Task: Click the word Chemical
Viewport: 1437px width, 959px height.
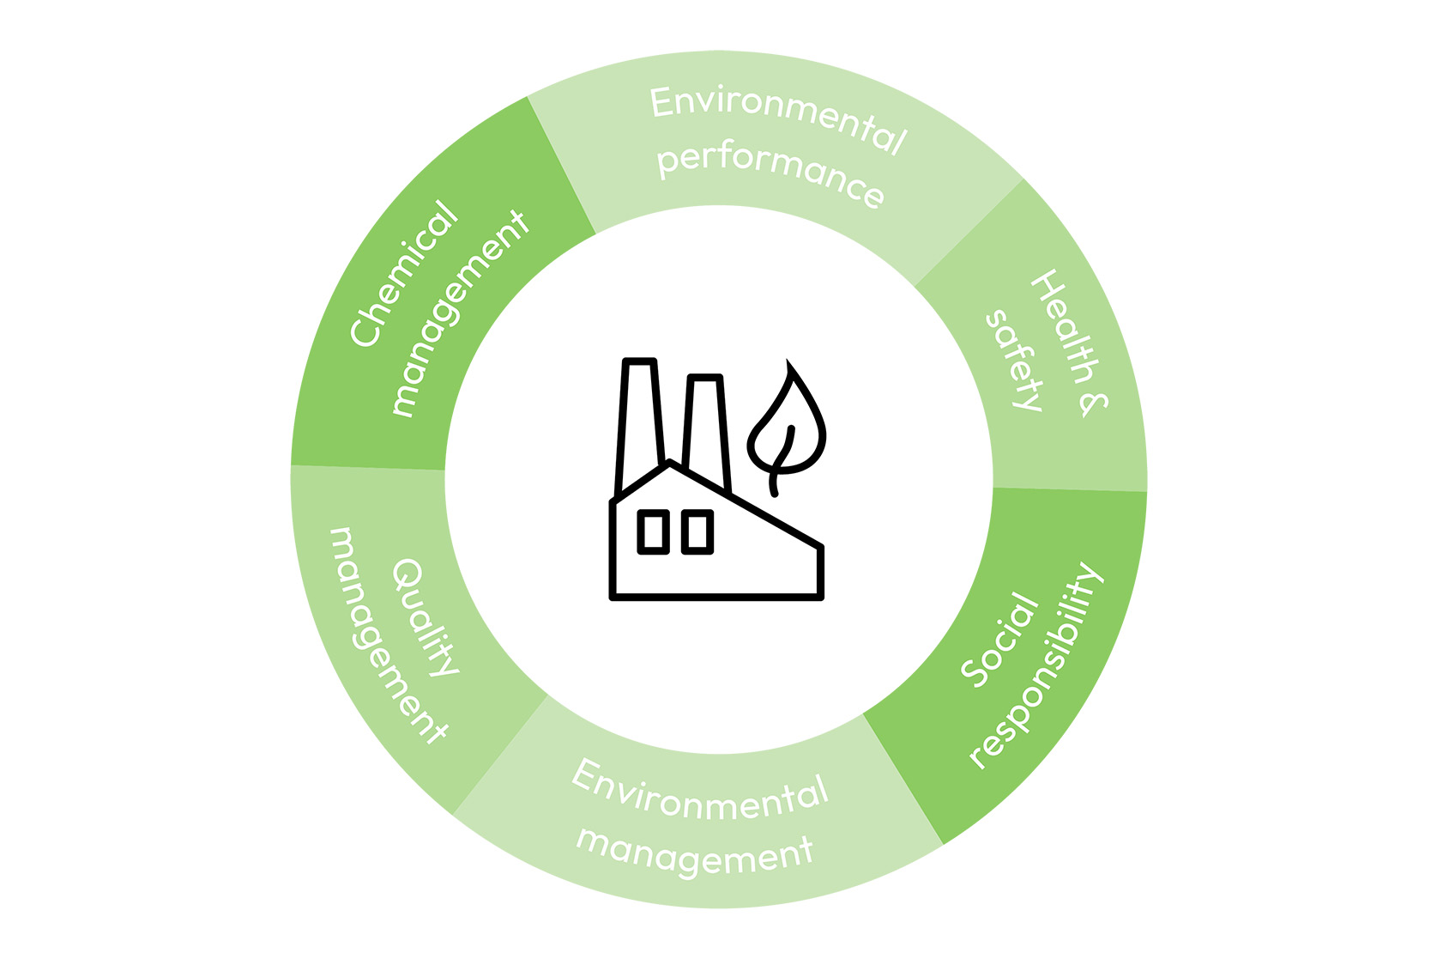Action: click(403, 273)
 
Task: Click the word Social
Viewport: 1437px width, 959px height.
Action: click(1000, 639)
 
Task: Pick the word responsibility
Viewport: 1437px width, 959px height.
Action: click(1036, 665)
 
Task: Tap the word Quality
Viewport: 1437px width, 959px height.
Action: click(424, 616)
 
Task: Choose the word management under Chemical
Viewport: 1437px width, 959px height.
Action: click(460, 313)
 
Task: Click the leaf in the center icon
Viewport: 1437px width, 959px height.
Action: click(787, 421)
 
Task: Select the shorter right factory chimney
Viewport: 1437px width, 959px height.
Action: click(707, 425)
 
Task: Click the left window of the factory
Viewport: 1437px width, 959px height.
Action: click(654, 531)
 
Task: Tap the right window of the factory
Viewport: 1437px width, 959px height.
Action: click(697, 531)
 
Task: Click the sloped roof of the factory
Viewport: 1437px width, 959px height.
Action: click(746, 507)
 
